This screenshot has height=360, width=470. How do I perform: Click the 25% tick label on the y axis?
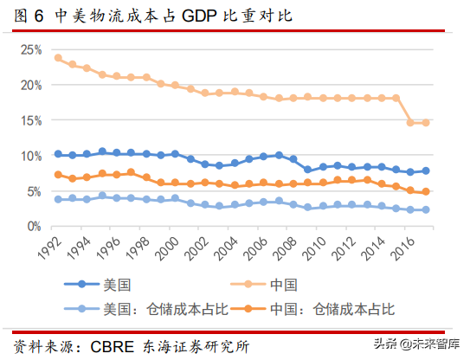click(x=30, y=50)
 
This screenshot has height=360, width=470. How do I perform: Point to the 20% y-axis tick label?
click(x=30, y=86)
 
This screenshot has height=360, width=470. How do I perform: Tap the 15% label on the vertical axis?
click(x=30, y=120)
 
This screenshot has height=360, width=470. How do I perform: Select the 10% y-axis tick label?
click(x=30, y=156)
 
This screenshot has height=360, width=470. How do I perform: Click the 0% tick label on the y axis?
click(x=33, y=226)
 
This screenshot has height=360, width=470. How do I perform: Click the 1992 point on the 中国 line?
click(x=58, y=58)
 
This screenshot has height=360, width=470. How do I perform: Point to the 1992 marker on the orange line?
click(x=58, y=175)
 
